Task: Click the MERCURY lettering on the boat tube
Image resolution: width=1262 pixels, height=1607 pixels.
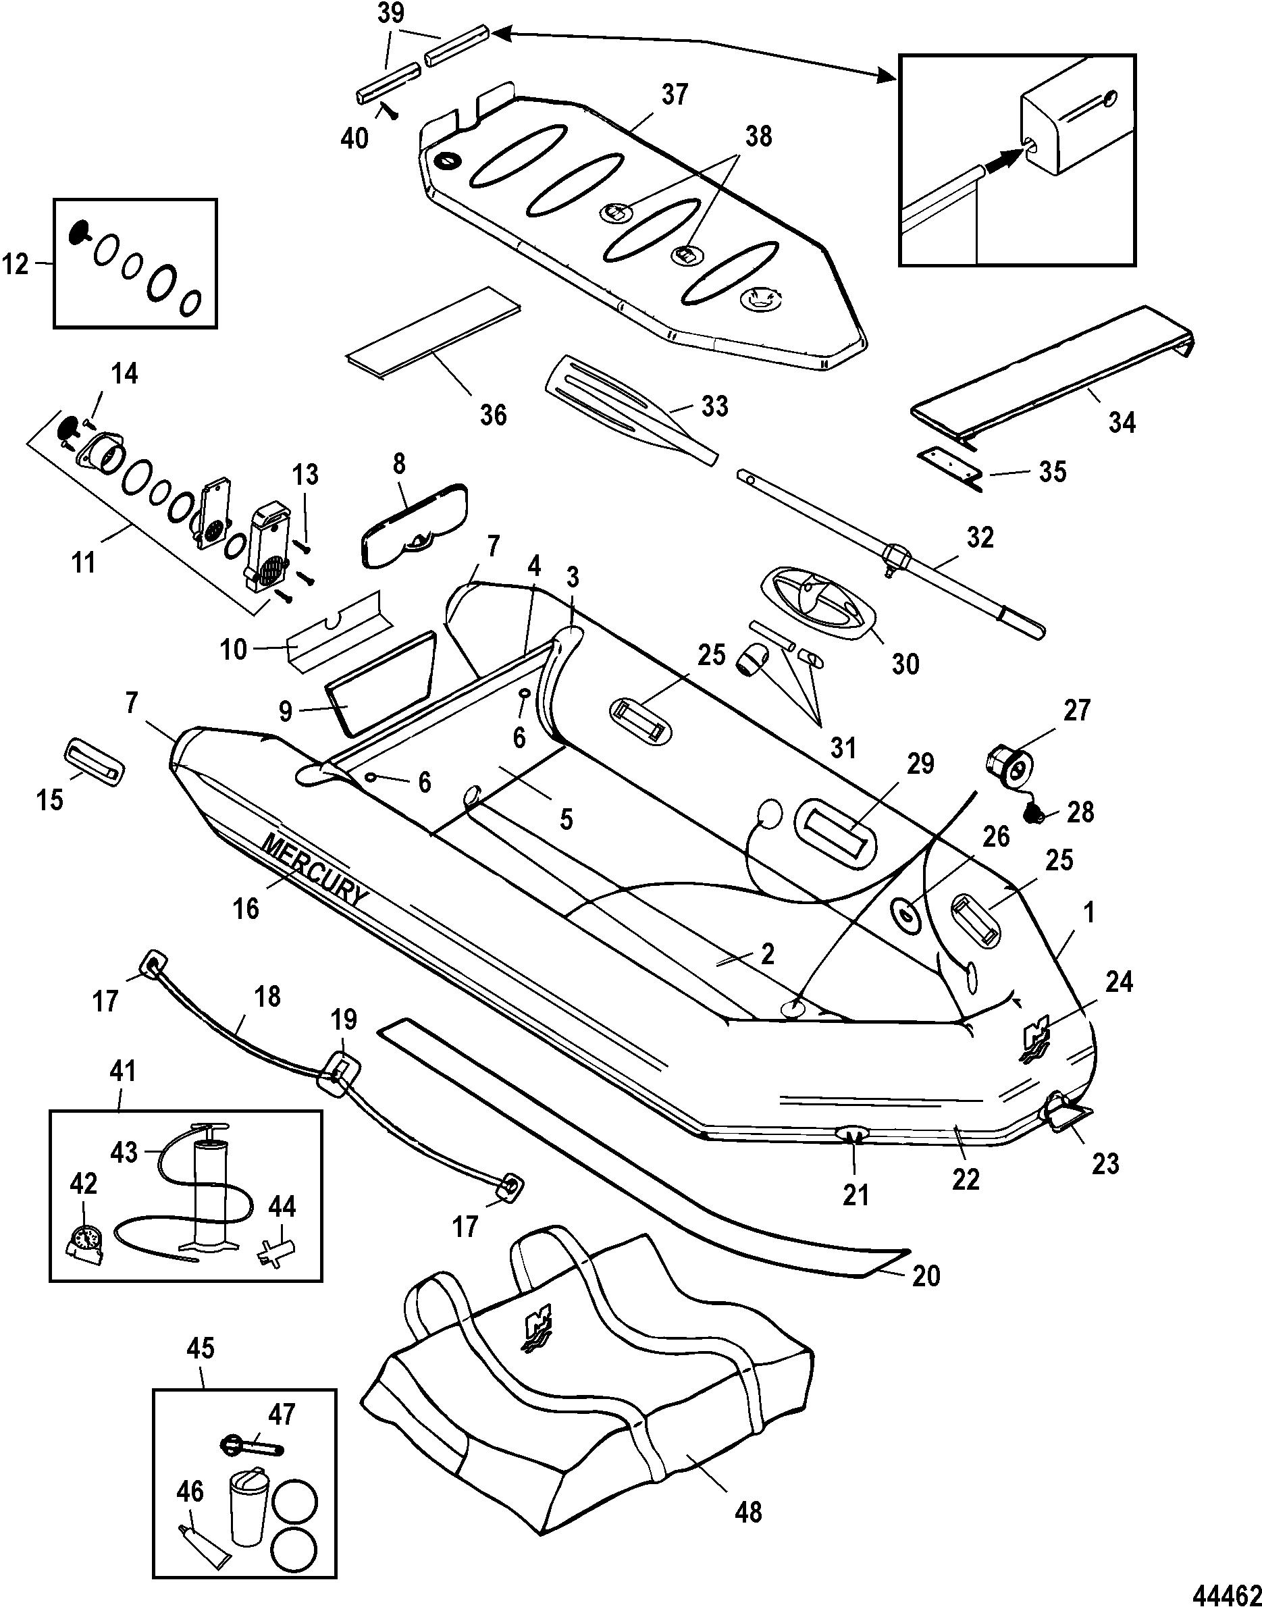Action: (x=314, y=871)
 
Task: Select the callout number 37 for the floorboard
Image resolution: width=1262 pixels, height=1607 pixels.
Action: (x=674, y=95)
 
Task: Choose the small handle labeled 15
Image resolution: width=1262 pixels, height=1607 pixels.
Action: (x=95, y=760)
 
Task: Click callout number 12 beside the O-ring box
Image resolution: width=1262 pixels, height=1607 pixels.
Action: (x=16, y=264)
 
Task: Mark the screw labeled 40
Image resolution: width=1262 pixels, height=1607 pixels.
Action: (x=388, y=111)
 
